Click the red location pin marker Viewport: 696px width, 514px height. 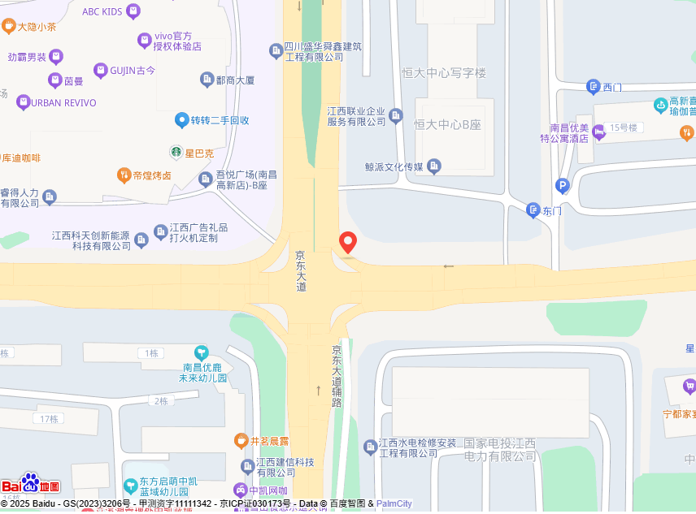348,242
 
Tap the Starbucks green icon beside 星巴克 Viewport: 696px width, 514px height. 175,152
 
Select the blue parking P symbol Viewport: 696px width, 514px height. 562,187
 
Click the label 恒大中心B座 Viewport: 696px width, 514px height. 447,124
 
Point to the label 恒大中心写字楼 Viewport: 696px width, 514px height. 444,73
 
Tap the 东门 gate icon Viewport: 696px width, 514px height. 533,210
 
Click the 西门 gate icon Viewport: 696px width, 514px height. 593,87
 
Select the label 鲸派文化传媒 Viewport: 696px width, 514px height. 395,166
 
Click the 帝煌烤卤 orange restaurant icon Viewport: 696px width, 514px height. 124,175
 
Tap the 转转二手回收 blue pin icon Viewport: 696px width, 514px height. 182,120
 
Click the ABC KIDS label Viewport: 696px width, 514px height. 102,11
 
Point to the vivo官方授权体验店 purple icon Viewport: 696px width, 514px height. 145,40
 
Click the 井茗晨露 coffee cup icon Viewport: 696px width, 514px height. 241,441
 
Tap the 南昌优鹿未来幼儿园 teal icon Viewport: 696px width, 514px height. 201,352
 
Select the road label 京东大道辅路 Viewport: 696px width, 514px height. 337,376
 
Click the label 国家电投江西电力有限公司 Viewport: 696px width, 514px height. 500,450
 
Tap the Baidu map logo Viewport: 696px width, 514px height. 30,485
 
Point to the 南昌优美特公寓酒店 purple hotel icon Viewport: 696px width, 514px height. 599,133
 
